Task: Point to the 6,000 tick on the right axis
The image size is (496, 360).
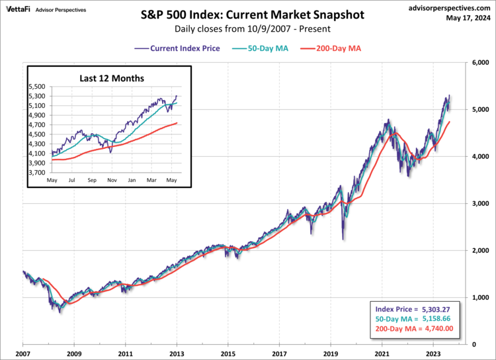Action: (479, 62)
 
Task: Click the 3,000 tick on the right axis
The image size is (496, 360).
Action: (479, 203)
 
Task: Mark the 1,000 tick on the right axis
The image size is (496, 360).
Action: (479, 297)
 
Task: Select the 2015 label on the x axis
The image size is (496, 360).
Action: (228, 354)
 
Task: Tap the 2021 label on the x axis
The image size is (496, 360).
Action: (382, 354)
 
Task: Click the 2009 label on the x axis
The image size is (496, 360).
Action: (74, 354)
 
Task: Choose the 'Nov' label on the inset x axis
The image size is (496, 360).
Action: (112, 180)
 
